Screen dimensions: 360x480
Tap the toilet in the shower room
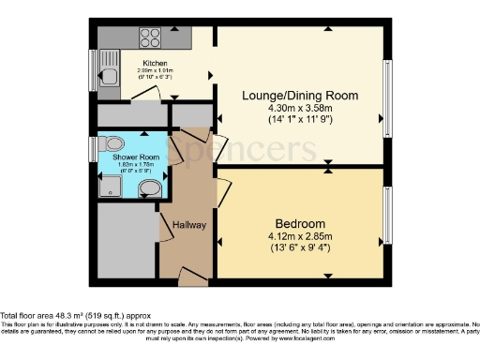click(x=114, y=143)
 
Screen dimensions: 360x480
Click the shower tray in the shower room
click(x=112, y=187)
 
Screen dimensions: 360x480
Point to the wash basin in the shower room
click(x=149, y=190)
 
